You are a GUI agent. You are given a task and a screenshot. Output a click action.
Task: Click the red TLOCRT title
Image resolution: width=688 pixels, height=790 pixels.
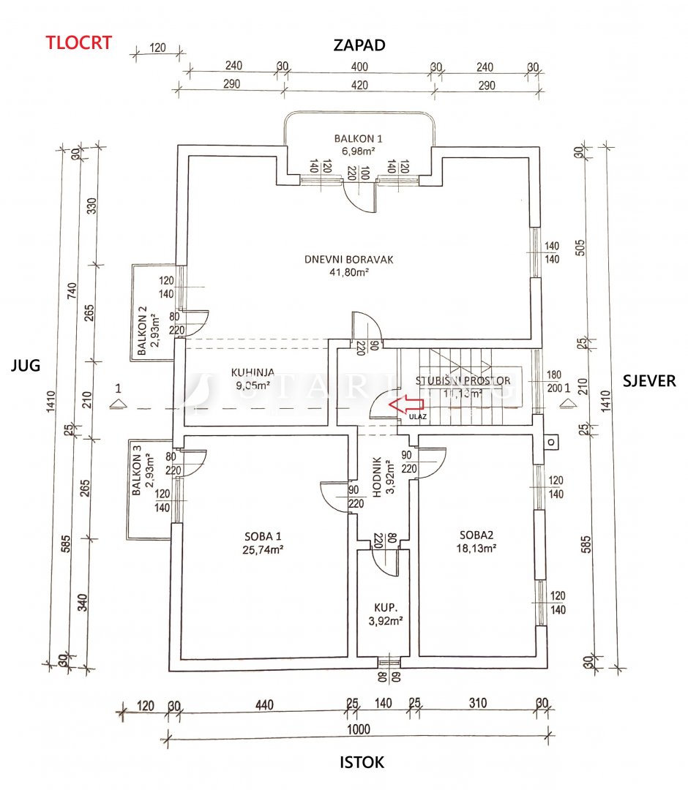(x=79, y=42)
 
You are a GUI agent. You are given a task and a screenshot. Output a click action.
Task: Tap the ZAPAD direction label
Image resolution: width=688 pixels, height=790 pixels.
(x=359, y=46)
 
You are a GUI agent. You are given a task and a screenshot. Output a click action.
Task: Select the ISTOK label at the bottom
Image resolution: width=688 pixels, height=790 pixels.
(x=362, y=762)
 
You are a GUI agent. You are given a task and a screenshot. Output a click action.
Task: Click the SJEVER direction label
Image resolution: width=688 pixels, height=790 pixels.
(x=648, y=380)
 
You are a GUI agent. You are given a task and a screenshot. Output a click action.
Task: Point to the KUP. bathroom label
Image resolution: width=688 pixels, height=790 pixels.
(x=386, y=607)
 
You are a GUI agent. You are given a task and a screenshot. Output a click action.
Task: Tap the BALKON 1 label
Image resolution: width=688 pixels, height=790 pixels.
(x=358, y=138)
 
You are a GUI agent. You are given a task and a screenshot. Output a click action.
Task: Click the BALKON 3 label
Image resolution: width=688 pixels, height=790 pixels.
(x=135, y=476)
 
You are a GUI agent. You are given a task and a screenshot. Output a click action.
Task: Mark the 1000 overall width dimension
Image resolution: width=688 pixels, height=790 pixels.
(x=359, y=729)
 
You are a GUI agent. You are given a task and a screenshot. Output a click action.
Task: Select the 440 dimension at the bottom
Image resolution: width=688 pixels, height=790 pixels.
(x=264, y=706)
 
